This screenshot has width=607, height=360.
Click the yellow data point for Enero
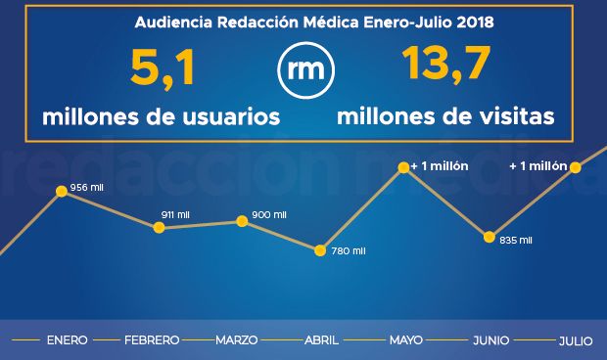(x=62, y=192)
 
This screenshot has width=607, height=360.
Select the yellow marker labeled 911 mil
(x=159, y=228)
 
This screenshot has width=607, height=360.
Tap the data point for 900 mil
(x=243, y=221)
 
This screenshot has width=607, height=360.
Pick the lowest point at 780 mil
(x=319, y=250)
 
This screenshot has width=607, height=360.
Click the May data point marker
(x=402, y=169)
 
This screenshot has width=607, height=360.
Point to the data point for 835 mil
(x=489, y=236)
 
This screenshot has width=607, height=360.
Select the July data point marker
(x=576, y=167)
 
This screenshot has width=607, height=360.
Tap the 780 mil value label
(x=348, y=251)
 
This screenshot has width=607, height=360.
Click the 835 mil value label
(x=515, y=240)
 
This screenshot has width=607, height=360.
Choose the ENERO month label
(x=67, y=340)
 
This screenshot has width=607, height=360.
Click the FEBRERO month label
(x=152, y=340)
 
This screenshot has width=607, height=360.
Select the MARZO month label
(x=236, y=340)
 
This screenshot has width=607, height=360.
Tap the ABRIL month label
(x=322, y=340)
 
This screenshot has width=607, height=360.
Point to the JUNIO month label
(x=490, y=340)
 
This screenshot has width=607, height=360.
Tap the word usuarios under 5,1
(x=232, y=116)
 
